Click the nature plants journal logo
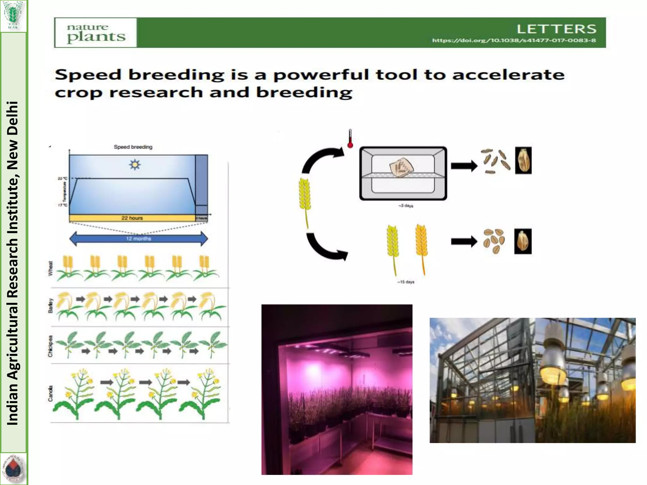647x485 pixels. click(x=96, y=33)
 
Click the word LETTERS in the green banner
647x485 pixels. click(x=556, y=29)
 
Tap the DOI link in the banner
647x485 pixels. click(x=514, y=41)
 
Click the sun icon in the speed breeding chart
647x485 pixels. click(x=135, y=165)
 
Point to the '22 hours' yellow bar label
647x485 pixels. click(x=132, y=218)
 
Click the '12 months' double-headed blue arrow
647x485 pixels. click(x=138, y=239)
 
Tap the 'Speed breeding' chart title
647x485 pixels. click(x=133, y=147)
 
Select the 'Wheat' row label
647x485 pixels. click(x=51, y=268)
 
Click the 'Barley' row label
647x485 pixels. click(x=51, y=306)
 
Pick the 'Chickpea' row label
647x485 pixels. click(x=51, y=346)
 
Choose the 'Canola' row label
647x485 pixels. click(x=51, y=393)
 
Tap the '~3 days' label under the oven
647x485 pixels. click(x=406, y=206)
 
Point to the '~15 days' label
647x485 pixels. click(x=406, y=282)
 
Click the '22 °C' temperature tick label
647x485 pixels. click(x=63, y=179)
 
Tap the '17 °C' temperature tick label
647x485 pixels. click(x=63, y=205)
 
